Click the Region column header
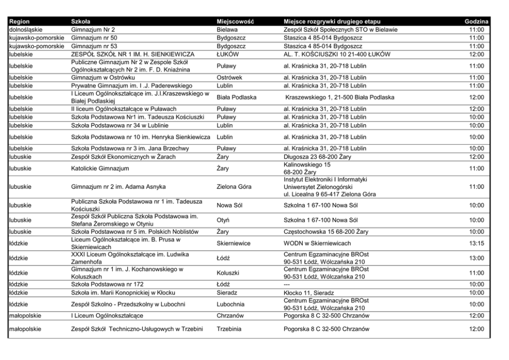tap(19, 22)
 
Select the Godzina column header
tap(476, 22)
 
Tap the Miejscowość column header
tap(236, 22)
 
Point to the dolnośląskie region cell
tap(26, 30)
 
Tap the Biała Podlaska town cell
tap(237, 97)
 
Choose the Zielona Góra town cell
tap(234, 187)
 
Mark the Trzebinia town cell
tap(229, 329)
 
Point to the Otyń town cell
tap(224, 220)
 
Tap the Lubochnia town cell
tap(230, 304)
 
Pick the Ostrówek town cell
tap(229, 78)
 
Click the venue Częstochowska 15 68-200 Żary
tap(326, 232)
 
